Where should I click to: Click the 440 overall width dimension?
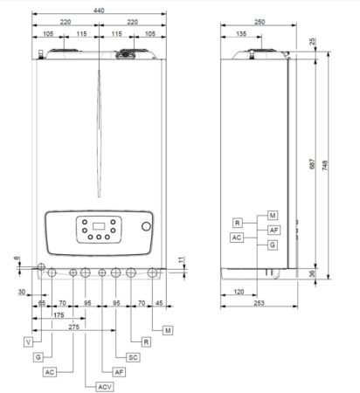click(x=99, y=10)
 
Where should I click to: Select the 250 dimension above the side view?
click(x=260, y=22)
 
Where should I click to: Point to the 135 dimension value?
click(x=241, y=34)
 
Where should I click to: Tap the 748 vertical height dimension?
click(x=325, y=165)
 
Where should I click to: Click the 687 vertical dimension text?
click(x=312, y=164)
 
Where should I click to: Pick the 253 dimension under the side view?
click(x=259, y=303)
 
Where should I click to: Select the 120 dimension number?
click(x=239, y=292)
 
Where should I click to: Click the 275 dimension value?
click(x=74, y=327)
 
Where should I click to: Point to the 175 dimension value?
click(x=59, y=315)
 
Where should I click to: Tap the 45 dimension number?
click(x=159, y=303)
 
